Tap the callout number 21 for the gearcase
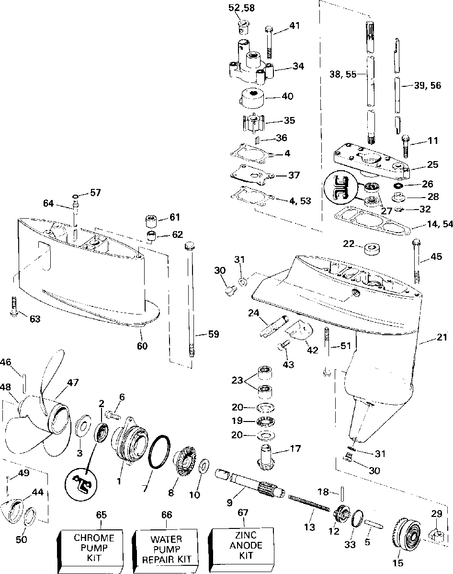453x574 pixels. coord(442,337)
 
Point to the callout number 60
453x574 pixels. coord(142,346)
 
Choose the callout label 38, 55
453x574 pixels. coord(343,75)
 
